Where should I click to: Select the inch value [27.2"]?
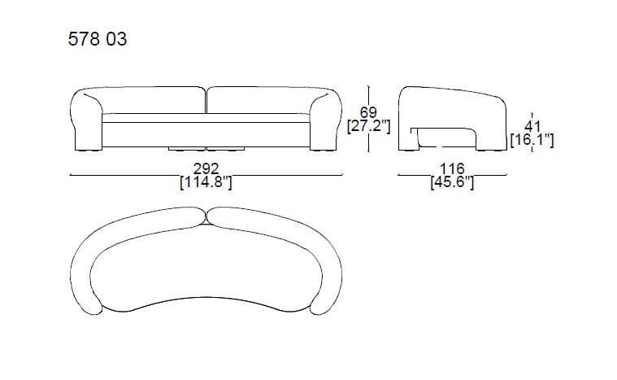coord(369,127)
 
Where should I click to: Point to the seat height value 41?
coord(532,126)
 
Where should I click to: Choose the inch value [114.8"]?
coord(206,183)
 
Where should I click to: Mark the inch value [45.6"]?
coord(452,183)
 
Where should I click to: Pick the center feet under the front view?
coord(206,150)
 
